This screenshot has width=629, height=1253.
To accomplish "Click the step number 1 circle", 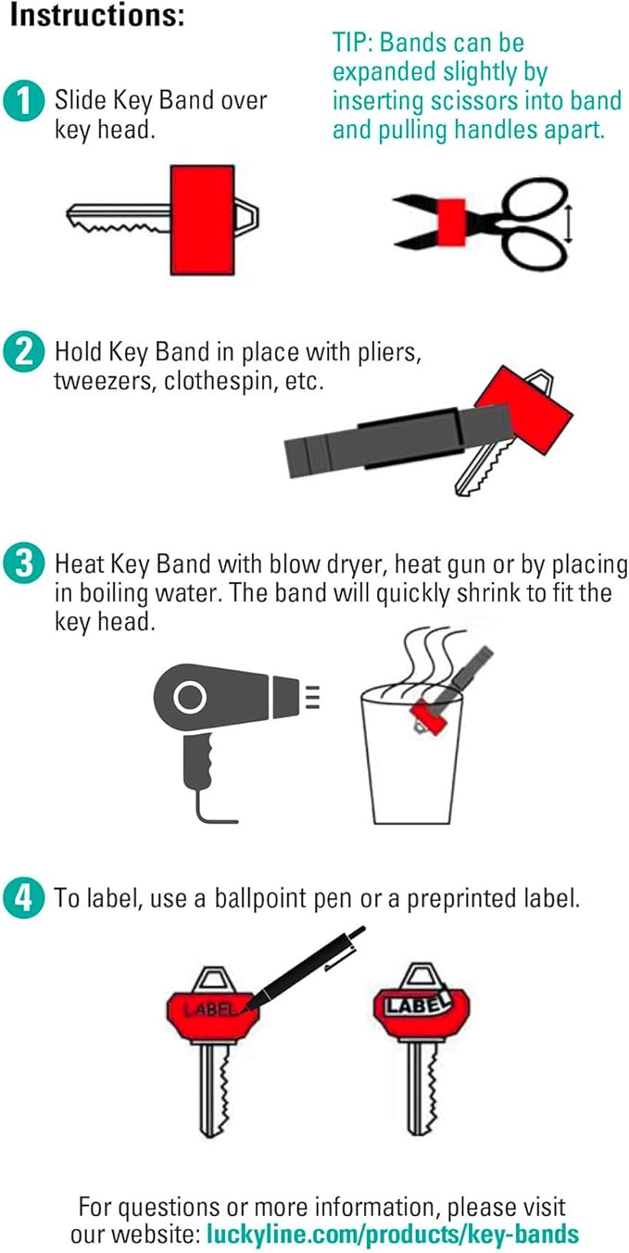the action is click(x=23, y=101).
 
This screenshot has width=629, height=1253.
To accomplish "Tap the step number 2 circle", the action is click(x=23, y=352).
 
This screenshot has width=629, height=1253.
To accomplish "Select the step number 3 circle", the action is click(x=23, y=563).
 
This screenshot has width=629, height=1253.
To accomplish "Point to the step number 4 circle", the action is click(x=23, y=898).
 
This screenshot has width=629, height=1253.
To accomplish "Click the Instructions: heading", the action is click(x=97, y=16).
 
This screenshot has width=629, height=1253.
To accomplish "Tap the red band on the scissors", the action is click(x=452, y=222).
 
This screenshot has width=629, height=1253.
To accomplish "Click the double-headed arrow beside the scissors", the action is click(x=569, y=223).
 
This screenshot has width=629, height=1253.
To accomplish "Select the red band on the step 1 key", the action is click(x=202, y=220).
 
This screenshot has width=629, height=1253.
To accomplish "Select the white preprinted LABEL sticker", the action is click(x=417, y=1005).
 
